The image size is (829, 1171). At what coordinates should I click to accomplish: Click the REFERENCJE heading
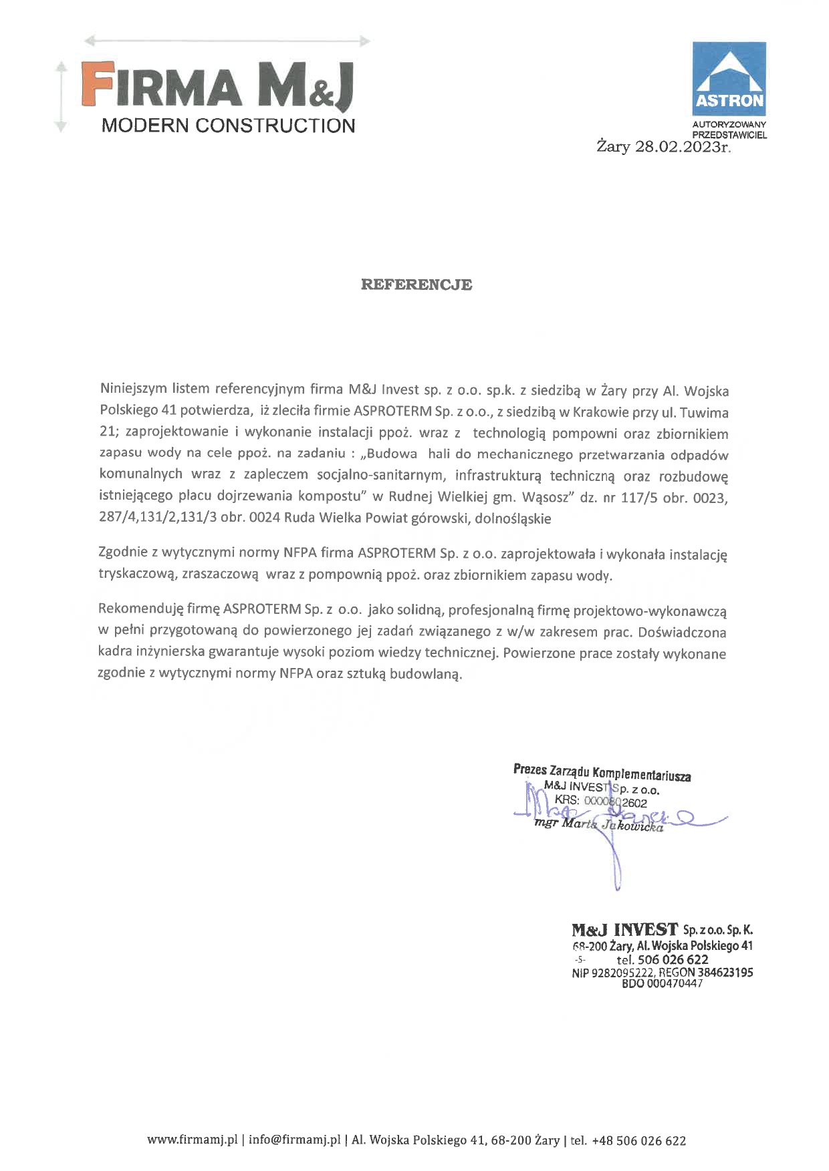(416, 285)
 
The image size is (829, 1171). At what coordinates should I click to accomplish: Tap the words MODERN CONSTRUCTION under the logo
(228, 126)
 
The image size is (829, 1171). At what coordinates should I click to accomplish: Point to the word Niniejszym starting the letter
(133, 389)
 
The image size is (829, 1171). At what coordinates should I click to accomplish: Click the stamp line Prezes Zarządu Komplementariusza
(602, 772)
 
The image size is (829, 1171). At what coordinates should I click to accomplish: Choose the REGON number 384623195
(725, 973)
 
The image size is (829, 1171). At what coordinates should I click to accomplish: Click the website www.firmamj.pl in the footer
(193, 1140)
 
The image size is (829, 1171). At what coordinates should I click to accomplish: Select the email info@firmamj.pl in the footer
(294, 1140)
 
